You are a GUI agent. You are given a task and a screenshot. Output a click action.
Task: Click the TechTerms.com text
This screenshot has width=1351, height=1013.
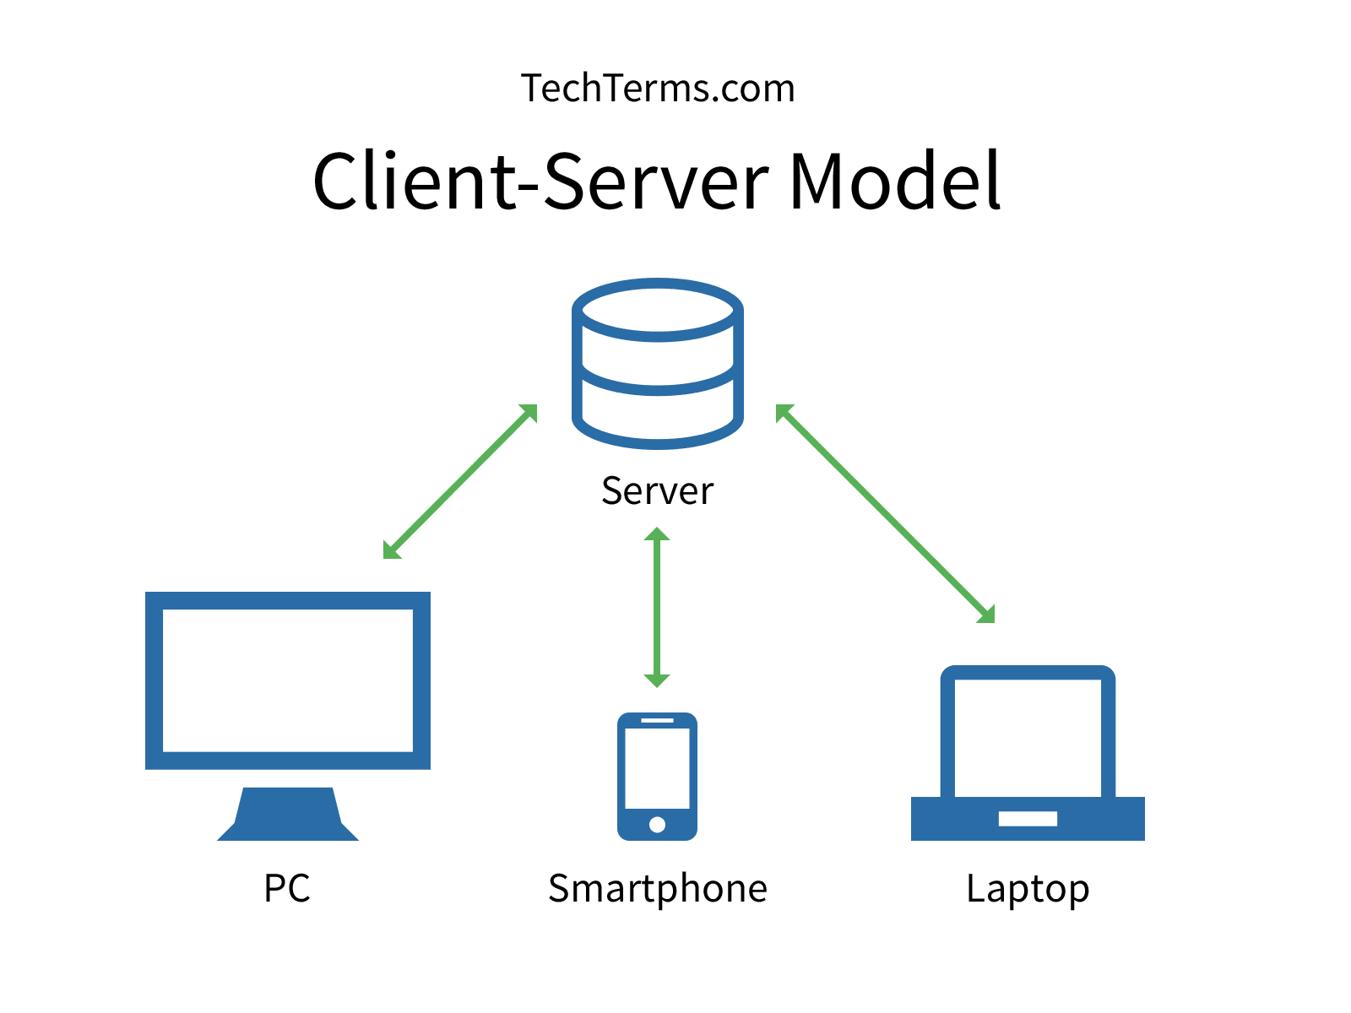pos(658,89)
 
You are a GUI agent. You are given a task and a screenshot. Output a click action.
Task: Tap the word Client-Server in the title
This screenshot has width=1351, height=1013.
pos(540,181)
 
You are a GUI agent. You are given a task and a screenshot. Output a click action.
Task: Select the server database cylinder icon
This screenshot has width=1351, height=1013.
pos(658,363)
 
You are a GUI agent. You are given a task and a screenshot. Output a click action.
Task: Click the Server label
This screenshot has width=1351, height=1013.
pos(657,491)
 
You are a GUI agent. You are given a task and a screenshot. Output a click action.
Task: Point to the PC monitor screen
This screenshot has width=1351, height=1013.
pos(287,680)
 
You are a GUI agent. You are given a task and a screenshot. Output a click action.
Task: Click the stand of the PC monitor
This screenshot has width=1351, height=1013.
pos(288,815)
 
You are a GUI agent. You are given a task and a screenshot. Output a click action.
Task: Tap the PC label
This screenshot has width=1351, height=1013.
pos(287,888)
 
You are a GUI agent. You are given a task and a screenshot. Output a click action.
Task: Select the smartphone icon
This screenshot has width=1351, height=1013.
pos(657,776)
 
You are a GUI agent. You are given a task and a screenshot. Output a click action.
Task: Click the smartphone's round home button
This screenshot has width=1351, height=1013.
pos(657,824)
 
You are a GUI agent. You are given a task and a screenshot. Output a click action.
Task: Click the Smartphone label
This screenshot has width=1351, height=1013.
pos(657,888)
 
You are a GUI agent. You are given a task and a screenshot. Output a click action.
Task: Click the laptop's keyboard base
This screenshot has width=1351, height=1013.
pos(1028,818)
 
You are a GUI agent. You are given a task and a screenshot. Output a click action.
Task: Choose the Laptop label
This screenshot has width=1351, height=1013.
pos(1028,889)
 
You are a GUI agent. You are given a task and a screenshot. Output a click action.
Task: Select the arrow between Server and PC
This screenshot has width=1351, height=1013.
pos(460,481)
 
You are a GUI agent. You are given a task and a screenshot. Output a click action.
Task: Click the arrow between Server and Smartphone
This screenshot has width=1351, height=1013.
pos(657,608)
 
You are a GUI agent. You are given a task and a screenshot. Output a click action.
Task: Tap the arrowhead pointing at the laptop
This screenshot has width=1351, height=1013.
pos(987,615)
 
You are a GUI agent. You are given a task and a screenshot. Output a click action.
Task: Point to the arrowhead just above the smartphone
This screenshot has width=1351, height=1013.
pos(657,679)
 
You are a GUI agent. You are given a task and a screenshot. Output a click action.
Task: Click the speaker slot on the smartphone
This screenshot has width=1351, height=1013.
pos(657,720)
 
